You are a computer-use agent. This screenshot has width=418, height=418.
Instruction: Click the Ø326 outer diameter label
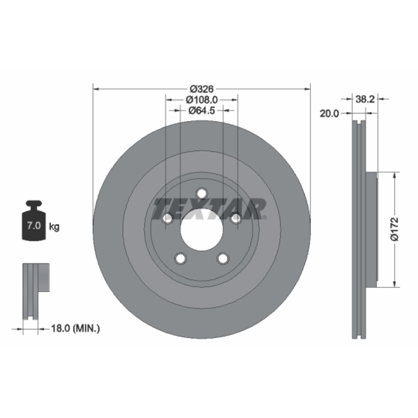click(x=202, y=89)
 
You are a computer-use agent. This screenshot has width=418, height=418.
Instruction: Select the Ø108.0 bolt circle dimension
click(x=202, y=100)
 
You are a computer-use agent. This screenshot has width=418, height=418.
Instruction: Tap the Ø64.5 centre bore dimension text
click(x=202, y=111)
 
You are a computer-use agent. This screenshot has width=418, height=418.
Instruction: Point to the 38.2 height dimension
click(x=365, y=99)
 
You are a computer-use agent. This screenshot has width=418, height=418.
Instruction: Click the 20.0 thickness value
click(x=329, y=114)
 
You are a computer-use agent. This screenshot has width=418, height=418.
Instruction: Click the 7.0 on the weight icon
click(x=34, y=226)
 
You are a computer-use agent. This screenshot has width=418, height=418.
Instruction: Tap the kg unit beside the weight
click(x=54, y=227)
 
